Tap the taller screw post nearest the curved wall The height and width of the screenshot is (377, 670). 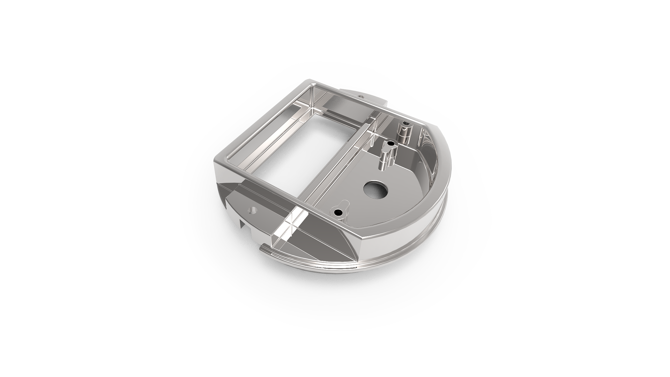click(x=405, y=131)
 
